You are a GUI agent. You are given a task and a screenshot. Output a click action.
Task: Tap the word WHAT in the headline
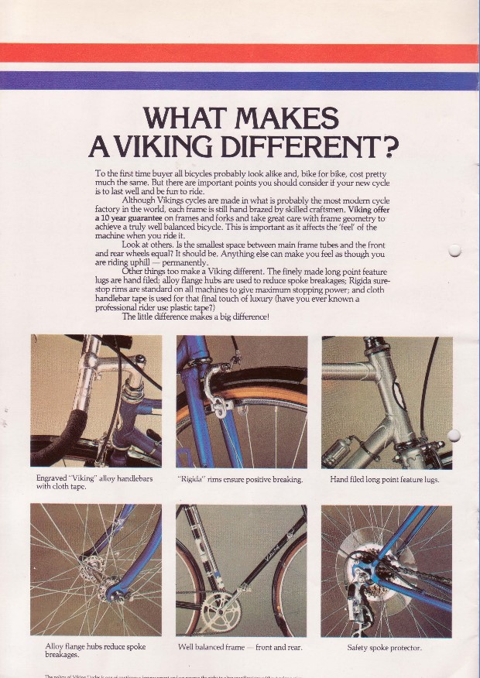tap(187, 119)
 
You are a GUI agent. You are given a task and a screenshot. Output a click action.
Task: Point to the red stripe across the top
tap(240, 53)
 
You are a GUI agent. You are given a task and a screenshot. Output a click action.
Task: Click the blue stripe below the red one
tap(240, 80)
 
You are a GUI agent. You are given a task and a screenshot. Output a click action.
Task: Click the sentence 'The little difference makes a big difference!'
tap(195, 316)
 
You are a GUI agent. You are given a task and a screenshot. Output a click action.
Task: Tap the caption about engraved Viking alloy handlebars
tap(94, 483)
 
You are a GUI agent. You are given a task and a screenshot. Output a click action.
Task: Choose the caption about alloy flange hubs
tap(91, 650)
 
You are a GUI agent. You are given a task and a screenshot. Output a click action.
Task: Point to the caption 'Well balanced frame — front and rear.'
tap(240, 646)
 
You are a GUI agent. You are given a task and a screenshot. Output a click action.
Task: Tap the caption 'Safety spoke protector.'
tap(384, 646)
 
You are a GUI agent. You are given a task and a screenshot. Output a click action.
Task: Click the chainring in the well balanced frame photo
tap(221, 611)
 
